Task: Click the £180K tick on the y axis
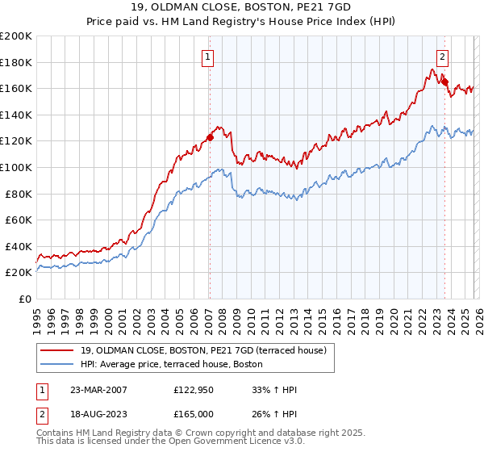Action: [16, 62]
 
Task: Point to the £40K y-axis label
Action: [19, 246]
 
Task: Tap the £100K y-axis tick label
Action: [16, 167]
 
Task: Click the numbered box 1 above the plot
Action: [208, 56]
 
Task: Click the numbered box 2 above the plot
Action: [444, 56]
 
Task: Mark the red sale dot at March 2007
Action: [210, 137]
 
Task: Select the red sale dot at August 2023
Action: [444, 82]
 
